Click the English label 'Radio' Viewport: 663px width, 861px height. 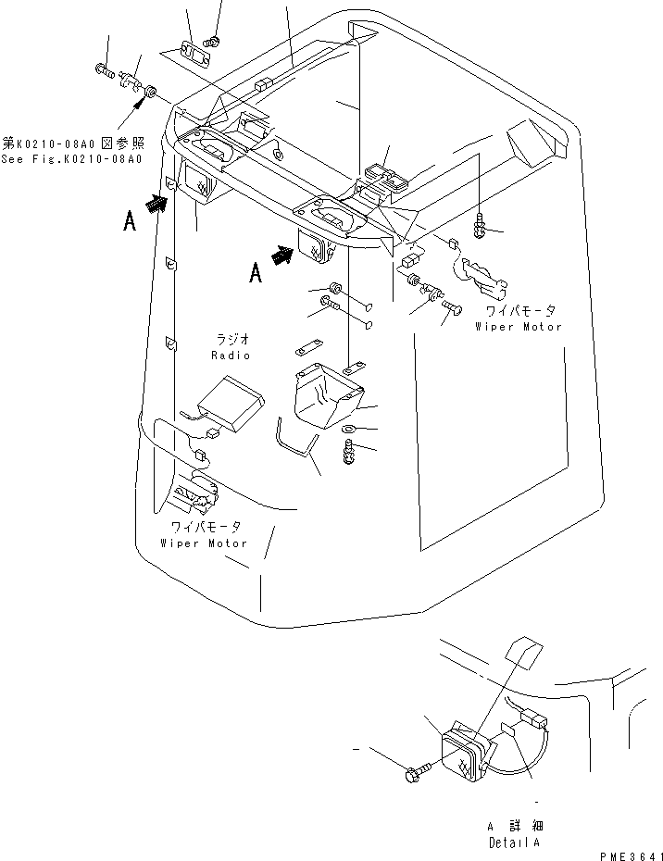231,356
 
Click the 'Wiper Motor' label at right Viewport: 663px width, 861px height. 519,327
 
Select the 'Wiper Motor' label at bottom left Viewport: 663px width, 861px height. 204,543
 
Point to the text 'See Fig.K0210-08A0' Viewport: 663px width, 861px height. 71,159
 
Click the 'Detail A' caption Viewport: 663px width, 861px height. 514,842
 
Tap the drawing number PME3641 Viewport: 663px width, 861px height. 631,856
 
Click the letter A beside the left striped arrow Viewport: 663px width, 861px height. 130,222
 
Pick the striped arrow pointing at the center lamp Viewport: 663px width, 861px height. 283,255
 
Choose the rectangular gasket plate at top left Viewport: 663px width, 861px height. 194,56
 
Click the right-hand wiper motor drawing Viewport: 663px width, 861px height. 483,276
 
